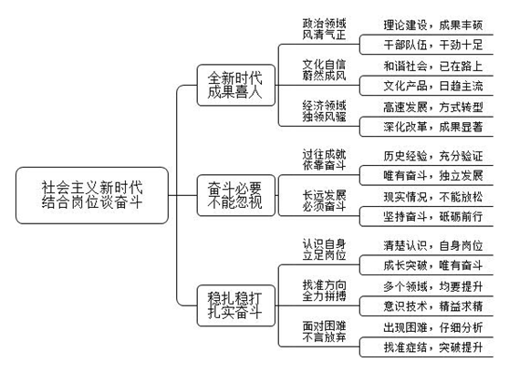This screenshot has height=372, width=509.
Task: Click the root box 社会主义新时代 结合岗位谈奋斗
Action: coord(92,195)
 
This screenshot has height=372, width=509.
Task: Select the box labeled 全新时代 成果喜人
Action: coord(236,85)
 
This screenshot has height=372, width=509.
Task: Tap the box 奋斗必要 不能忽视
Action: coord(236,195)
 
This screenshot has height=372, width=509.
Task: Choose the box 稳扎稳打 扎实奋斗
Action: coord(236,305)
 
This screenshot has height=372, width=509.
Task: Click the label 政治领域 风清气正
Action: coord(324,29)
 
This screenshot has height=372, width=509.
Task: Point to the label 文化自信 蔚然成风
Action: coord(324,70)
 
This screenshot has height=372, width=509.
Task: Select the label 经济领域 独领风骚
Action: coord(324,111)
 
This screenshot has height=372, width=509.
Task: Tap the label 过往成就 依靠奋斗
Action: coord(324,160)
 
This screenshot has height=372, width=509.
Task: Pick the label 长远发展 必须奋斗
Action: coord(324,201)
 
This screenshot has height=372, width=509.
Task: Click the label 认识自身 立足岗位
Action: coord(324,250)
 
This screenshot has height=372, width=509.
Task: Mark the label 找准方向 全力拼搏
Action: coord(324,291)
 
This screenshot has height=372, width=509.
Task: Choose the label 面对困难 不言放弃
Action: coord(324,331)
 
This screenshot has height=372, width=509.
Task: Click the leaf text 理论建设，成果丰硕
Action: coord(433,25)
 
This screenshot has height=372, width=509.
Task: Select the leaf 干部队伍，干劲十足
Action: coord(433,45)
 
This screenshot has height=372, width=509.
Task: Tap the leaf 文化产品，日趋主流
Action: coord(433,86)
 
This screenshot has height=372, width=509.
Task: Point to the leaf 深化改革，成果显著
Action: coord(433,127)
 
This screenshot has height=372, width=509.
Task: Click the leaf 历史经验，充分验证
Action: coord(433,156)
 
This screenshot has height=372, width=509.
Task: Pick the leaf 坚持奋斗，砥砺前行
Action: coord(433,216)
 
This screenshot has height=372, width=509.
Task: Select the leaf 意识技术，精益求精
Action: coord(433,306)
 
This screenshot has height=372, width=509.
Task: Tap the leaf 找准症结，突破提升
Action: coord(433,347)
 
